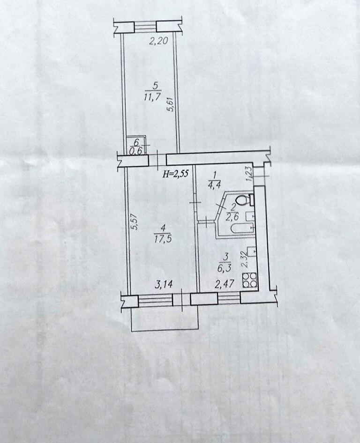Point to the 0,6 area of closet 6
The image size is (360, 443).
(136, 151)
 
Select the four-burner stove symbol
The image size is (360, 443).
(250, 280)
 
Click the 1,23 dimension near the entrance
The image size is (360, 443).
(249, 173)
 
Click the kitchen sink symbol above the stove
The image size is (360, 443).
(252, 251)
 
